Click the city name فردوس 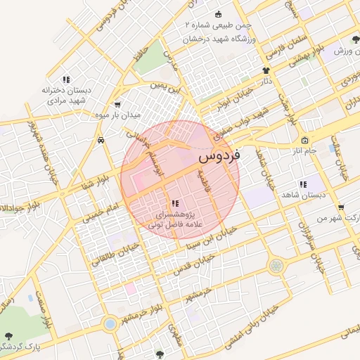coord(219,156)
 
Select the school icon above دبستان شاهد coord(302,185)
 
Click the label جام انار coord(304,150)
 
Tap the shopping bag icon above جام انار coord(304,139)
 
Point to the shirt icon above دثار coord(266,70)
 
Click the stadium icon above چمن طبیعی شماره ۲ coord(218,14)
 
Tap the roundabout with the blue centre coord(110,324)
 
